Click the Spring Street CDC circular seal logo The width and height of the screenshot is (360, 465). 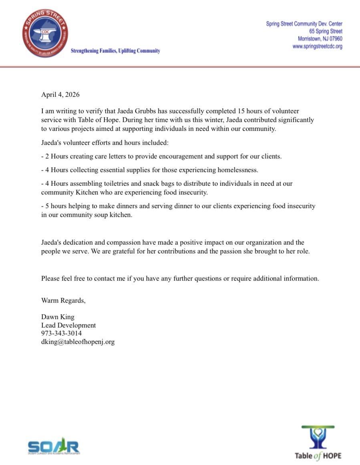click(x=45, y=34)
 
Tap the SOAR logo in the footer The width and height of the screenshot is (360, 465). click(x=53, y=447)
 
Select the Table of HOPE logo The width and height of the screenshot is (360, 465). click(x=318, y=443)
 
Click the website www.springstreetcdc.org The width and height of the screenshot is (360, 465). click(x=317, y=46)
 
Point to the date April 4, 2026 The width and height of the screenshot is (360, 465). click(x=60, y=95)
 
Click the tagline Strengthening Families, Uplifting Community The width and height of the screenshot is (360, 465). click(x=115, y=51)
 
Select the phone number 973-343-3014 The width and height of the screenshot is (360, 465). click(x=61, y=333)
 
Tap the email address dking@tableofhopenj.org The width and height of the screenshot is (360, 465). click(x=78, y=342)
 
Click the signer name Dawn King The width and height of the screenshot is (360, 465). click(x=58, y=317)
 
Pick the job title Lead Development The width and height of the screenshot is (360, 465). click(x=68, y=325)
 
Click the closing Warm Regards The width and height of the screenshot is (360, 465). click(x=63, y=301)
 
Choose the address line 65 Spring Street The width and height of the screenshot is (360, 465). click(x=326, y=31)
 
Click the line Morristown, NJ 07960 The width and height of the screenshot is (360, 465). click(x=320, y=39)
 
